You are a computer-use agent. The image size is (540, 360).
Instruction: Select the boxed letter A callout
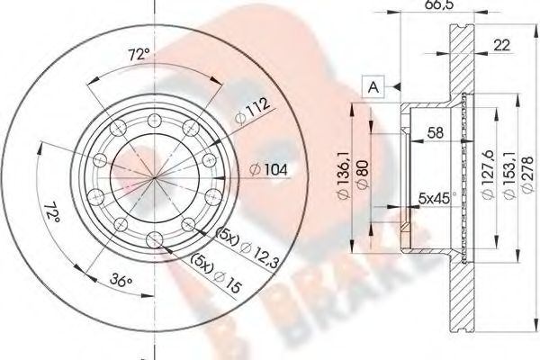pyautogui.click(x=372, y=86)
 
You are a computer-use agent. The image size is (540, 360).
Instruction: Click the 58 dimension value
pyautogui.click(x=433, y=132)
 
